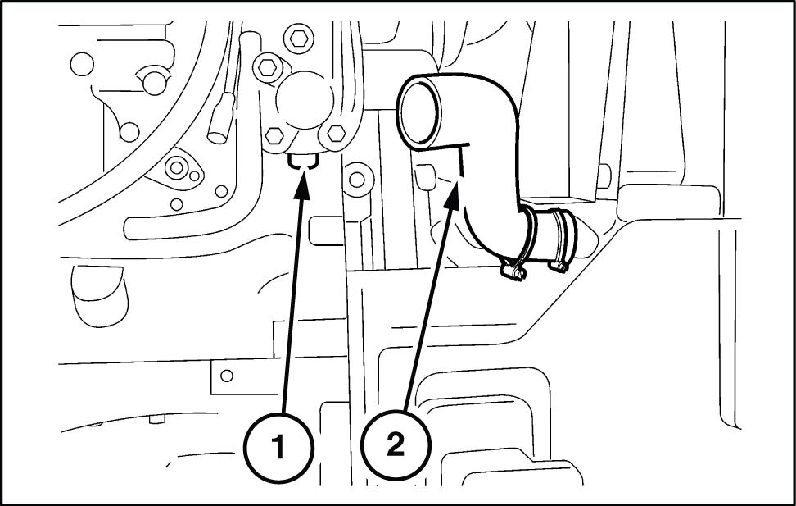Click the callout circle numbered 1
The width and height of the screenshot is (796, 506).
pyautogui.click(x=278, y=448)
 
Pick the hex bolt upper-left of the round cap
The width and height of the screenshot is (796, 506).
pyautogui.click(x=266, y=67)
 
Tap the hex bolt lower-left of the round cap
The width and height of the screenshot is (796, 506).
pyautogui.click(x=275, y=135)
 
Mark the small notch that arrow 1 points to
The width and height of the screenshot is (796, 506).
pyautogui.click(x=304, y=162)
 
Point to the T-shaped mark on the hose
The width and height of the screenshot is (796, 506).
pyautogui.click(x=459, y=156)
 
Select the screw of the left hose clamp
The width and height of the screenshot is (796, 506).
pyautogui.click(x=512, y=271)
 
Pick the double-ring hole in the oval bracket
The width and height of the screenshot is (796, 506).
pyautogui.click(x=175, y=168)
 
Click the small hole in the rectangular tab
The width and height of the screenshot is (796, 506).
pyautogui.click(x=227, y=376)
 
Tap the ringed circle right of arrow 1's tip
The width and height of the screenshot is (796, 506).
pyautogui.click(x=355, y=178)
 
